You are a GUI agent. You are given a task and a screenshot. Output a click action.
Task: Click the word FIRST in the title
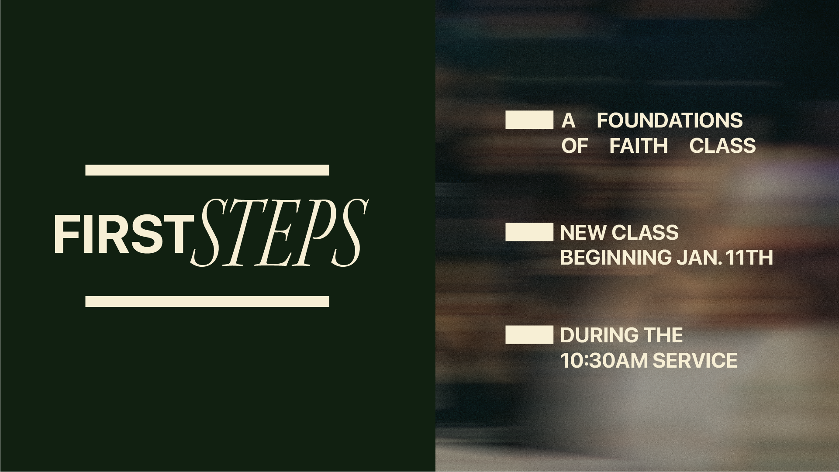coord(120,234)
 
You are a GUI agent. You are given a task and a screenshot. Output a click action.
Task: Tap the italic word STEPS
coord(278,233)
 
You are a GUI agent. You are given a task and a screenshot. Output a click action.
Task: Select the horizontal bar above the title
coord(207,170)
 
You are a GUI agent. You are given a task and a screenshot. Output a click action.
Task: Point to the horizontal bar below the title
coord(207,301)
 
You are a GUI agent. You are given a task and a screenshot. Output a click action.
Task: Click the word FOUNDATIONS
coord(670,121)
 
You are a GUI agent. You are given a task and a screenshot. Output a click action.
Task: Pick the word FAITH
coord(639,146)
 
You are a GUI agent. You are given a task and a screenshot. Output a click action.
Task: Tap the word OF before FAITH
coord(574,146)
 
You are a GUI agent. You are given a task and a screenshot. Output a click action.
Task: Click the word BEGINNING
coord(615,258)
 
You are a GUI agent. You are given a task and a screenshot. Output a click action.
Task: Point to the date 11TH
coord(749,258)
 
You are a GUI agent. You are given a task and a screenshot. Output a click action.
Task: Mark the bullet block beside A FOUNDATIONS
coord(529,120)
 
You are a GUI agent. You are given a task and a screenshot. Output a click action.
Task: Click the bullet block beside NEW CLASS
coord(529,232)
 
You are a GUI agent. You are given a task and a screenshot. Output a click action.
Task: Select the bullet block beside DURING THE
coord(529,335)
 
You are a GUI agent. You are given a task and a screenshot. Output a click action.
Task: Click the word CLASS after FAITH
coord(722,146)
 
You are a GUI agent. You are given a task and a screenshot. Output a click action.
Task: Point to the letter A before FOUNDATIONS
coord(568,121)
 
